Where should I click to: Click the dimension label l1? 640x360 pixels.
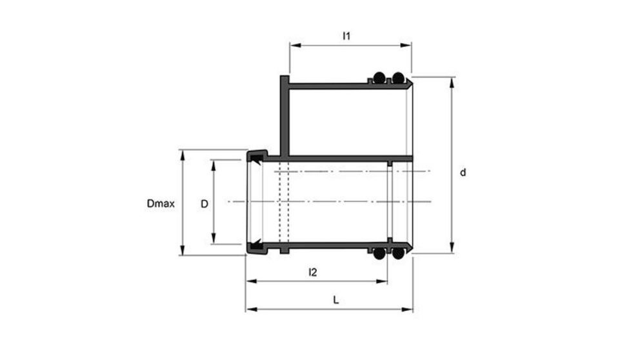point(346,37)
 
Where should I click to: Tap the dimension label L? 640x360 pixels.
point(335,300)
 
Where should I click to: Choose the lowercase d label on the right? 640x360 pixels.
point(463,172)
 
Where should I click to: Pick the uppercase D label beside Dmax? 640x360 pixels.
point(204,203)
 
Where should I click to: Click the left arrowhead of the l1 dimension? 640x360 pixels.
point(294,46)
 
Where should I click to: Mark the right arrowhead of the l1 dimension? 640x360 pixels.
point(408,46)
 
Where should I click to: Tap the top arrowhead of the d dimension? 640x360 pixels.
point(451,81)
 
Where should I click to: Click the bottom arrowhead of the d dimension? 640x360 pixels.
point(451,250)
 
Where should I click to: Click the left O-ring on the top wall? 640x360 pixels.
point(380,78)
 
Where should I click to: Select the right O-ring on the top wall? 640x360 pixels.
point(398,78)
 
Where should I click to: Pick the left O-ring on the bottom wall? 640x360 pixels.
point(380,254)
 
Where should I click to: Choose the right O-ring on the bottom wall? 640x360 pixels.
point(398,254)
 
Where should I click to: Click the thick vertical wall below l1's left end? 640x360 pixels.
point(284,116)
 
